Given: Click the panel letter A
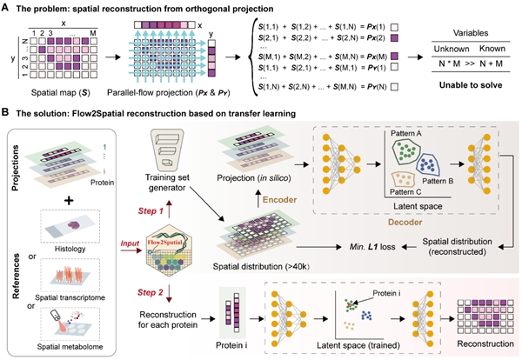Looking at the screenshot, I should click(x=7, y=7).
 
